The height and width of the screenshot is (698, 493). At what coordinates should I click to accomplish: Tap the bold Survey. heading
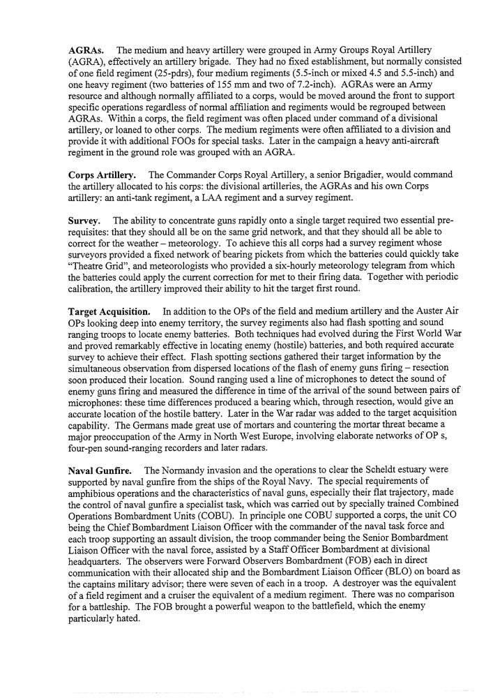coord(85,220)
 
